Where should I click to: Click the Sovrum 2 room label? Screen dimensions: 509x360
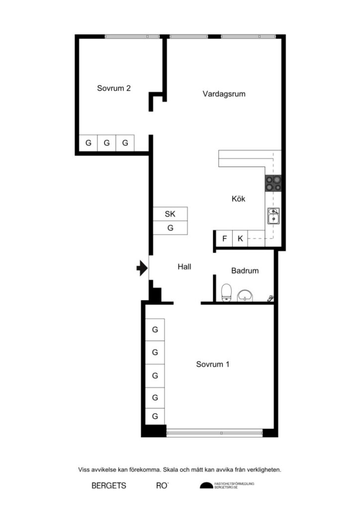114,88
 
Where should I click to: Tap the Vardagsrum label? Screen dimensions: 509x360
224,93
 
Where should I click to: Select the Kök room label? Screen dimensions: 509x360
239,199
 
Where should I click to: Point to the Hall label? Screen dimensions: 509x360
184,266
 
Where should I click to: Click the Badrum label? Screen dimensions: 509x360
245,271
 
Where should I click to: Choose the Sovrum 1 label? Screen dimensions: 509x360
212,364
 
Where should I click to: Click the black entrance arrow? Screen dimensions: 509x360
142,269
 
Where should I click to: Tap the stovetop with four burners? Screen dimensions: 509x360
273,184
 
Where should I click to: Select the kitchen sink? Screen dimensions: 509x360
273,217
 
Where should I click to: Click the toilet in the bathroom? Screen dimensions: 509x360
227,292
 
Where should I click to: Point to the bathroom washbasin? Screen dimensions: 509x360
245,296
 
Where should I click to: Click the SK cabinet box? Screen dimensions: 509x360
170,214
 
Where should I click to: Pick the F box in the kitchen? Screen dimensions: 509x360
224,239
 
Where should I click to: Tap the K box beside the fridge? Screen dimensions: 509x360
240,239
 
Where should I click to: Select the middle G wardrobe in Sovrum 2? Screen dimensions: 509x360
106,143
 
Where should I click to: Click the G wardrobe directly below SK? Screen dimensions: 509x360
170,228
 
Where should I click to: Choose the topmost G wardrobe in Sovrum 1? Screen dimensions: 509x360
155,329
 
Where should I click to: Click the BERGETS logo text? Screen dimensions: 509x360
109,486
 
